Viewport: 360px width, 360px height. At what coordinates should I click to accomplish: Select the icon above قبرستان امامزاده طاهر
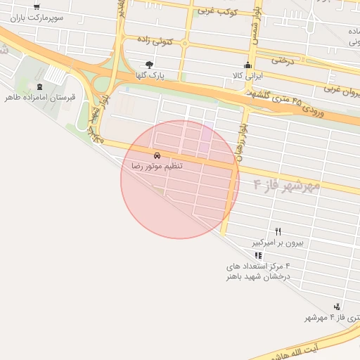pyautogui.click(x=39, y=86)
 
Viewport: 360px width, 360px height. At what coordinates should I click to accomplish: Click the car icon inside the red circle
pyautogui.click(x=157, y=154)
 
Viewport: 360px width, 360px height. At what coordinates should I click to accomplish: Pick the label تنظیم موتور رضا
pyautogui.click(x=156, y=165)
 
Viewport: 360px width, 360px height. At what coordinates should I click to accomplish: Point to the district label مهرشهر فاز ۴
pyautogui.click(x=285, y=185)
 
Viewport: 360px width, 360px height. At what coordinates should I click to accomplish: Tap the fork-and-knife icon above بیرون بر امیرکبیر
pyautogui.click(x=278, y=231)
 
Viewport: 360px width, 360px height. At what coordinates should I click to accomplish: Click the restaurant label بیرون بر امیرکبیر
pyautogui.click(x=279, y=243)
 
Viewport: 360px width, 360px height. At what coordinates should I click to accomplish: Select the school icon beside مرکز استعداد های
pyautogui.click(x=258, y=255)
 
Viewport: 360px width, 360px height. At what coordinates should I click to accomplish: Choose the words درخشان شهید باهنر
pyautogui.click(x=257, y=276)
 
